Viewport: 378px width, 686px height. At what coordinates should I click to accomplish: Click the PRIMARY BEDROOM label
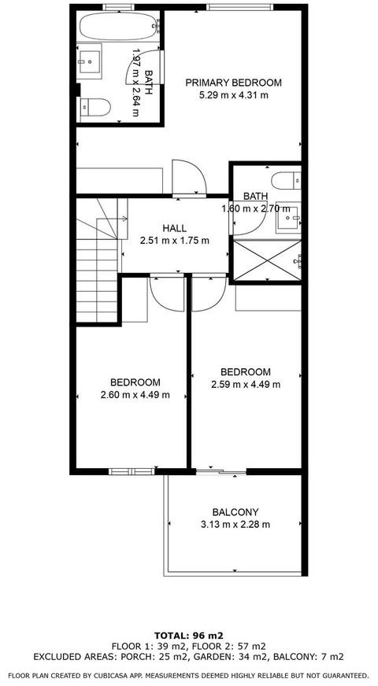point(233,83)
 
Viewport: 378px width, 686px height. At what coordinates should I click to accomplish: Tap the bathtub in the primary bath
point(118,26)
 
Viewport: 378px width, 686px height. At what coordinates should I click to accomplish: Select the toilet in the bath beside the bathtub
point(94,107)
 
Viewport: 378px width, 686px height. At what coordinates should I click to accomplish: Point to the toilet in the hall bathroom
point(286,180)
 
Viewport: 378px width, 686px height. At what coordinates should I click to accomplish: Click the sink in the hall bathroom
point(288,217)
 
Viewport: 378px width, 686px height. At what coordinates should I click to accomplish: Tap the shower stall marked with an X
point(267,260)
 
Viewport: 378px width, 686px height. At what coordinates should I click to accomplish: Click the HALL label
point(174,228)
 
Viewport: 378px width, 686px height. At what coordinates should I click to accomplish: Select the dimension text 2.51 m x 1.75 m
point(174,240)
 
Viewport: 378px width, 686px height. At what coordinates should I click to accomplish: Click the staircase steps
point(97,271)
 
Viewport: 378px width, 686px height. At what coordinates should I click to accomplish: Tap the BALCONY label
point(235,512)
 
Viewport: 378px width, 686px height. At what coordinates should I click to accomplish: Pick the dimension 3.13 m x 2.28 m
point(235,524)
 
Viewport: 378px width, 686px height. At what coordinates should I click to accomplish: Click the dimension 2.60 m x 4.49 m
point(135,395)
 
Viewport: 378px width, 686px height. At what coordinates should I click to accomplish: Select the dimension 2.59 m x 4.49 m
point(246,385)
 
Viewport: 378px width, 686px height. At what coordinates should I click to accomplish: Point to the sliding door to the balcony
point(220,472)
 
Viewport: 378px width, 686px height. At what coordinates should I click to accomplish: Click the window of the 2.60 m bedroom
point(132,471)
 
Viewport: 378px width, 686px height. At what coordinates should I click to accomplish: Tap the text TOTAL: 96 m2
point(189,635)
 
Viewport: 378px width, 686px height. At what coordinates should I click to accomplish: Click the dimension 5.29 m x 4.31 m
point(233,94)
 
